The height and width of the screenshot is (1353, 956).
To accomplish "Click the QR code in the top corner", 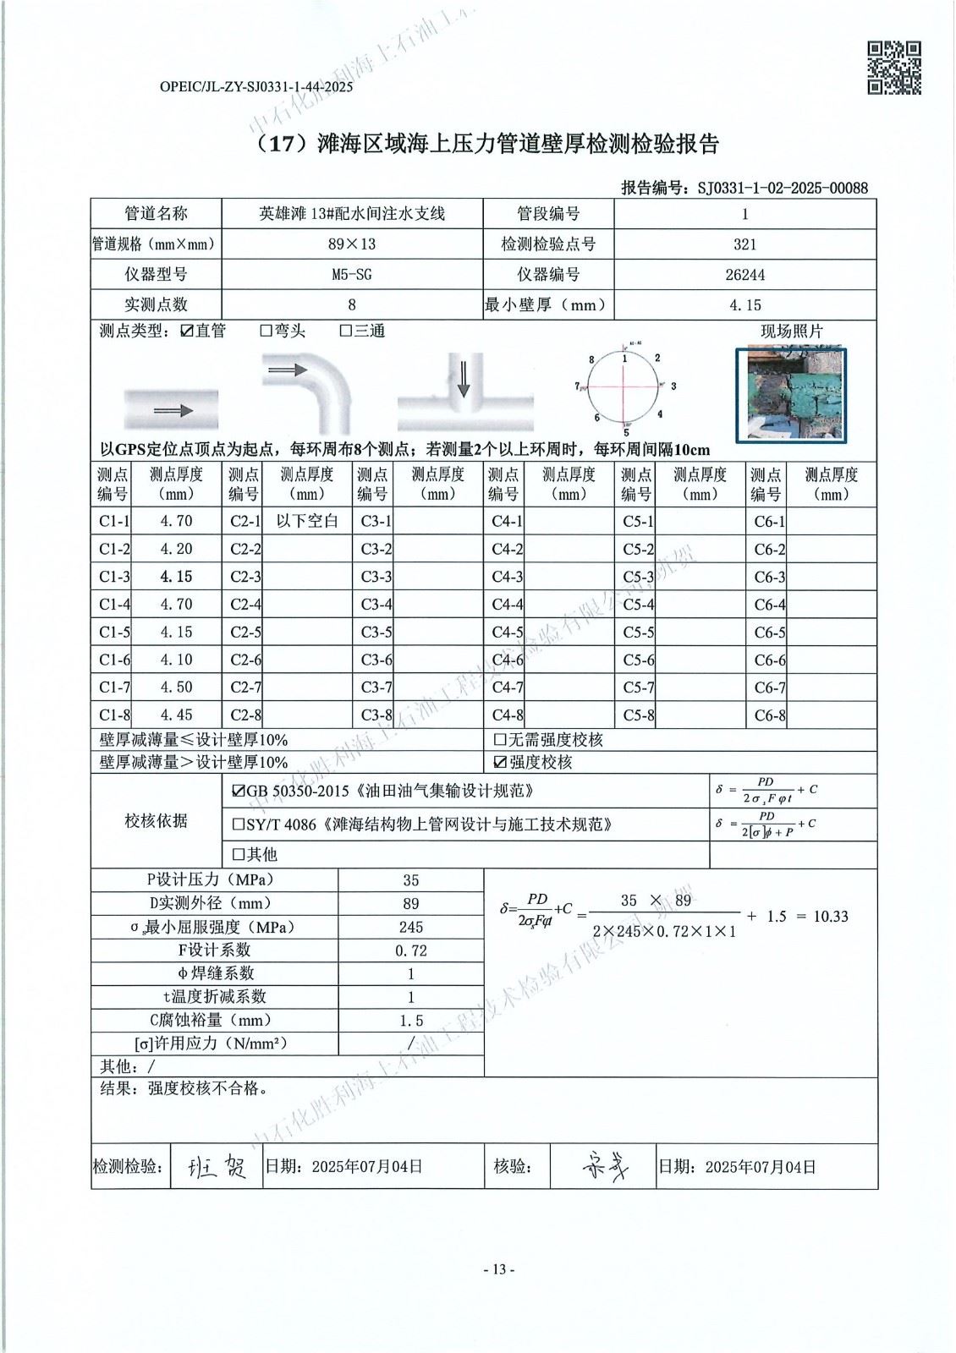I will (893, 68).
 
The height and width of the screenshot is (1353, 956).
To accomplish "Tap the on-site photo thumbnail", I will (791, 395).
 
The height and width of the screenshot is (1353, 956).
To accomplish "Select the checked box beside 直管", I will (187, 331).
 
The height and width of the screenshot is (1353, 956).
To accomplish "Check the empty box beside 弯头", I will (266, 331).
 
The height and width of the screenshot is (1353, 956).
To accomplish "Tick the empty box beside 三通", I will (345, 331).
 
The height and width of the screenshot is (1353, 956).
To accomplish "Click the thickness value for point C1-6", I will (176, 660).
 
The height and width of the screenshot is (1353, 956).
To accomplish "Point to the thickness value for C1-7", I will (176, 687).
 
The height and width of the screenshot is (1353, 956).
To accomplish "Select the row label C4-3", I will (507, 577).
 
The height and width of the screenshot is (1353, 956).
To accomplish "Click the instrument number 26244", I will (744, 274).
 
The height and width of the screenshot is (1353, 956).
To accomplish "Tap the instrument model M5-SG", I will (352, 274).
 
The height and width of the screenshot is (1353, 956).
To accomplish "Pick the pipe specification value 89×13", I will (352, 244).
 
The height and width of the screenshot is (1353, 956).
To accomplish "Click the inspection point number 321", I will (744, 244).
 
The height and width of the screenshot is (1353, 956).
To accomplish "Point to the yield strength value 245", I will (411, 927).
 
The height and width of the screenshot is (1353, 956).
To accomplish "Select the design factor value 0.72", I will (411, 950).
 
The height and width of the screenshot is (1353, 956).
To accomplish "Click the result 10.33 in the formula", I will (830, 916).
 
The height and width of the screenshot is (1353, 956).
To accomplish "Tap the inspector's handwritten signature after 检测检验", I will (217, 1168).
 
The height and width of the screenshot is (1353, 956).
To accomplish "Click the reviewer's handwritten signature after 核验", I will (605, 1168).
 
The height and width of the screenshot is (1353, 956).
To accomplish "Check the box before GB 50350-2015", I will (238, 792).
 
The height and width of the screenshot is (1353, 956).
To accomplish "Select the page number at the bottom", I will (498, 1269).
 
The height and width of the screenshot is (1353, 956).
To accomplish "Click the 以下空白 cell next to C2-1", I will (307, 521).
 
